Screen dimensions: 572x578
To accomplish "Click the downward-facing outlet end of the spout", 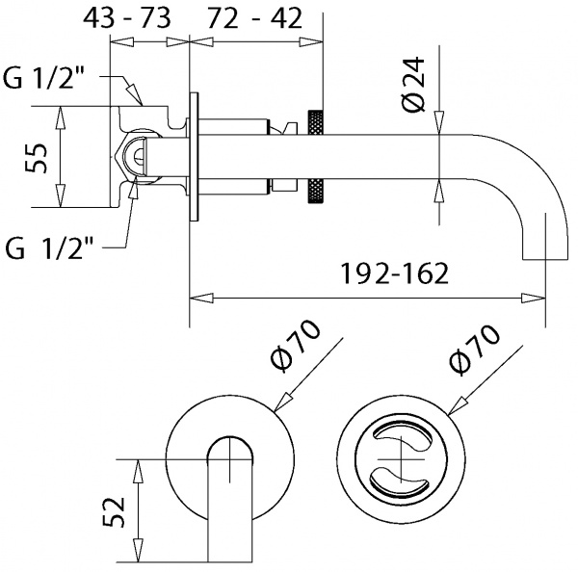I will [x=540, y=252].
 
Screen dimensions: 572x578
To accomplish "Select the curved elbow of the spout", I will [x=535, y=173].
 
